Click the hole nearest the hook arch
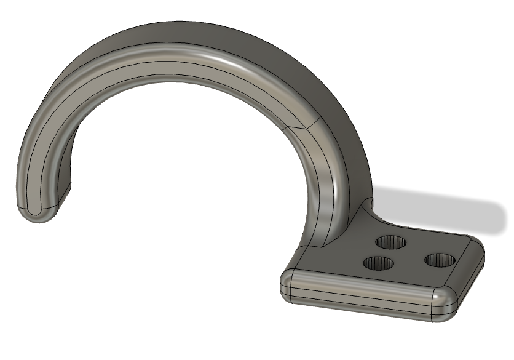tap(392, 242)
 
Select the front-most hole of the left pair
tap(378, 264)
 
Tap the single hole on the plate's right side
tap(440, 260)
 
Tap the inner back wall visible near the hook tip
tap(66, 175)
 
